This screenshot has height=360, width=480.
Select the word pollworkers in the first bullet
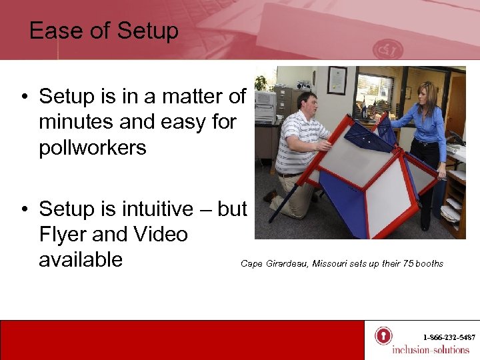click(93, 147)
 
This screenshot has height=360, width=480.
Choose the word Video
click(159, 234)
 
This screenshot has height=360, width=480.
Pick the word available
click(81, 259)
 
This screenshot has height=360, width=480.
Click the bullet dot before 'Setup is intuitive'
click(24, 209)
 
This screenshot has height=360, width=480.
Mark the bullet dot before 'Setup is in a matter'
click(24, 97)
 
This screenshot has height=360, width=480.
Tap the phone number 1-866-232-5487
click(449, 337)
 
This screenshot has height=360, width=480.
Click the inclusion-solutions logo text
click(430, 350)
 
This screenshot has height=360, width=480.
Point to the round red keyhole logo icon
click(383, 335)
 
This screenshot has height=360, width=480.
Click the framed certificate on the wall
click(337, 80)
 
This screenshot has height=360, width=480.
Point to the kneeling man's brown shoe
click(269, 196)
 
